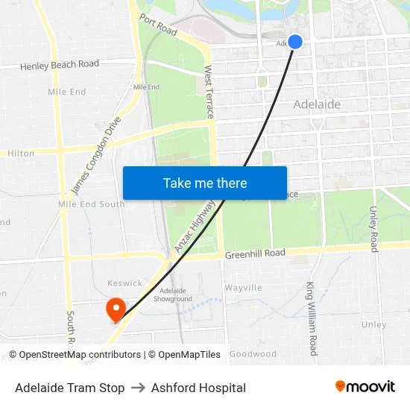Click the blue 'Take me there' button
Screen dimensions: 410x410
pos(205,183)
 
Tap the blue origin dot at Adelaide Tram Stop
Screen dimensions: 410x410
pos(295,42)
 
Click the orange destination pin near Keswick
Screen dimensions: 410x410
pos(116,309)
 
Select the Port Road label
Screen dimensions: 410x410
pos(157,27)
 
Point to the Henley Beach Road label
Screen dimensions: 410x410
pos(60,65)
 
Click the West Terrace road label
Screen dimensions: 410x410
pos(209,92)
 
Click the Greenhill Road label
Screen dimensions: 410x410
pos(255,254)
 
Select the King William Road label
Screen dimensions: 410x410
pos(313,318)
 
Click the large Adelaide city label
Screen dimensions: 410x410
pos(317,104)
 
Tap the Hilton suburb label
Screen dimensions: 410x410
pos(21,154)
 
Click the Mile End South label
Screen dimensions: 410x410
pos(92,204)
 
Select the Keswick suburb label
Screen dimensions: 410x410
pos(124,283)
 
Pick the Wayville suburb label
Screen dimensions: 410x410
pos(243,288)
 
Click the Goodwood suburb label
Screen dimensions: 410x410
pos(253,354)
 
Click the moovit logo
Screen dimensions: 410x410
pos(365,387)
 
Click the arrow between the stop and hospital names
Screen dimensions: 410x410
pos(138,388)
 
